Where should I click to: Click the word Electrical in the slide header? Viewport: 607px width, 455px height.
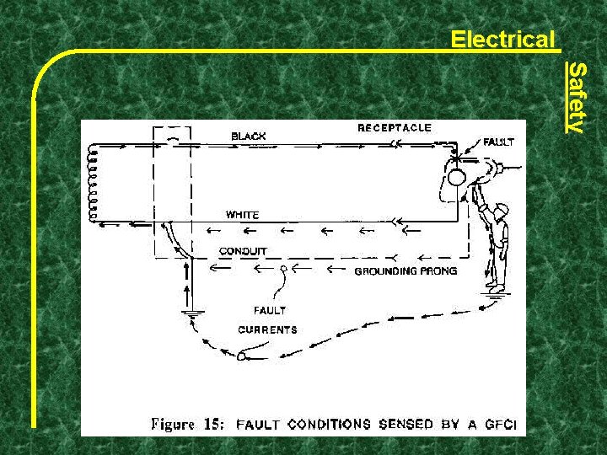click(503, 40)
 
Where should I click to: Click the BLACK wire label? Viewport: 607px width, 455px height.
click(249, 136)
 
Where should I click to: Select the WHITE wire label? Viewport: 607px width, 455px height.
click(242, 215)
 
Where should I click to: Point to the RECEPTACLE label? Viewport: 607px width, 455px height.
click(395, 128)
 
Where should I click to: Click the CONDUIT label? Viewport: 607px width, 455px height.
click(243, 251)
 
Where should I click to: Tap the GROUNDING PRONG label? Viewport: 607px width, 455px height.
click(406, 271)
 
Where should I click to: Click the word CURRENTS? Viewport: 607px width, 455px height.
click(267, 329)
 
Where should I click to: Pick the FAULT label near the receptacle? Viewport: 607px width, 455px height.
click(498, 142)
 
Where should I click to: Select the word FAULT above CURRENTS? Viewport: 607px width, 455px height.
click(270, 310)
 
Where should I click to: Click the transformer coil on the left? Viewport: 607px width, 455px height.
click(92, 182)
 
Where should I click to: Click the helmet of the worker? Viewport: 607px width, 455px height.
click(502, 208)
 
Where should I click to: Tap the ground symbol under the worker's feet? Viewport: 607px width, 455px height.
click(496, 290)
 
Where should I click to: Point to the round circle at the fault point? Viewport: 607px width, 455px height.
click(456, 178)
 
